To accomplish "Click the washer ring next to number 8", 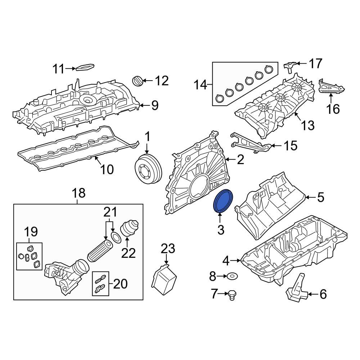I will (x=232, y=276).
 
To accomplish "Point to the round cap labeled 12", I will (x=137, y=81).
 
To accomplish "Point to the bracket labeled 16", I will (x=331, y=86).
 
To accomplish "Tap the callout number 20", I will (x=120, y=284).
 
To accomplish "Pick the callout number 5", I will (x=320, y=197).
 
